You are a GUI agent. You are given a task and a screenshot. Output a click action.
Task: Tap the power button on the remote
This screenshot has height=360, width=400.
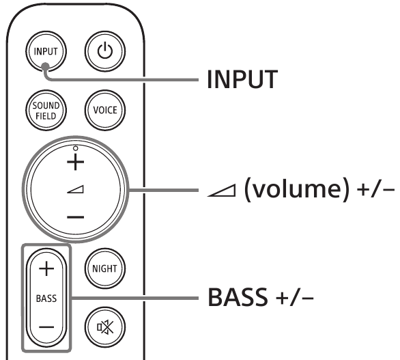(105, 51)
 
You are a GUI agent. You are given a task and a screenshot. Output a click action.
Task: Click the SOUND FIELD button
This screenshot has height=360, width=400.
(46, 110)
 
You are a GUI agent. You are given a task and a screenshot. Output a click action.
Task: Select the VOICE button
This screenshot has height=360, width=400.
(105, 110)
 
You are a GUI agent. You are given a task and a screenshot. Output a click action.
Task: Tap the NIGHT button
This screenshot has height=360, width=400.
(105, 268)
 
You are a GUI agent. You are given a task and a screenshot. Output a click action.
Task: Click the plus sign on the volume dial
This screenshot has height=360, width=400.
(75, 162)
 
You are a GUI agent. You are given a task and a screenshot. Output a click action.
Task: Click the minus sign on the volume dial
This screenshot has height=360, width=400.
(75, 217)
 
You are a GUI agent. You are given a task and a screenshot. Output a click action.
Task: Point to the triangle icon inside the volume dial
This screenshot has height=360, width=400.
(75, 189)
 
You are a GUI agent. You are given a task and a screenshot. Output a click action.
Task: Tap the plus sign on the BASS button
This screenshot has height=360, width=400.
(46, 268)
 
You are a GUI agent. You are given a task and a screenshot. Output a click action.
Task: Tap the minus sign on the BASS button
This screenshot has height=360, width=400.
(46, 327)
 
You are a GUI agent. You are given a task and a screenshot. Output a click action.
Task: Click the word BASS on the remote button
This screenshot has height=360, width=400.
(46, 299)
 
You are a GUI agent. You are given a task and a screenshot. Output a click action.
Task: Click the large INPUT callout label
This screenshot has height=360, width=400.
(242, 79)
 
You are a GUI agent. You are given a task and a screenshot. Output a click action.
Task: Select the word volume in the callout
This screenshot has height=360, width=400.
(296, 189)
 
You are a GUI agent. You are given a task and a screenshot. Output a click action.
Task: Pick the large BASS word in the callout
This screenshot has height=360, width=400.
(238, 297)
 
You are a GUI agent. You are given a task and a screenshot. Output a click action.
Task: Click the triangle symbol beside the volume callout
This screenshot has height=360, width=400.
(221, 191)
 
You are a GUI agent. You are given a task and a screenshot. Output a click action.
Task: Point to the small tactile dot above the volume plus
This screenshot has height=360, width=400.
(75, 148)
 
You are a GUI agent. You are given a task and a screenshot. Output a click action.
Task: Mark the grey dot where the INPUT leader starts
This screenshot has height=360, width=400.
(46, 66)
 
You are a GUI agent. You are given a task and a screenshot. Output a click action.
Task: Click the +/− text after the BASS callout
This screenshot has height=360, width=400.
(295, 298)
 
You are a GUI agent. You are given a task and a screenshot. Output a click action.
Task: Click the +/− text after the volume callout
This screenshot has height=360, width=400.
(375, 190)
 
